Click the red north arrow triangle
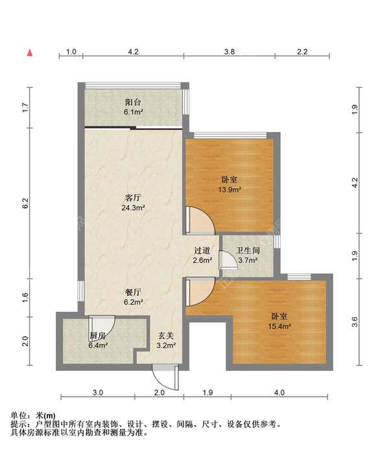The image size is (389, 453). point(30,53)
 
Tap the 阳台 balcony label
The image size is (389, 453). point(133,102)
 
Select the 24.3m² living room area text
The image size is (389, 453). point(133,208)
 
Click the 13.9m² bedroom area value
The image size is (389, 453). point(230,190)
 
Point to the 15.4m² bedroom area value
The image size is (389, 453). point(279,326)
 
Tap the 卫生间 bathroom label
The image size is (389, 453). point(248,250)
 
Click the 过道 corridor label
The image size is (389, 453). point(202,250)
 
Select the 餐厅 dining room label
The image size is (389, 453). point(133,293)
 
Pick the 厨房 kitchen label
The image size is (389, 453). point(97,336)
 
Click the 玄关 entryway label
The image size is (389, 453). point(166,336)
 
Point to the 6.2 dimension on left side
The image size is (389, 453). point(25,203)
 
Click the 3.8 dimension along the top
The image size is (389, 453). point(230,52)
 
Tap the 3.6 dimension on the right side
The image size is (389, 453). point(355,322)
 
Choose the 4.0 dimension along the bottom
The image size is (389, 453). point(279,392)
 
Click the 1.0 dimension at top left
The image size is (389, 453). point(71,52)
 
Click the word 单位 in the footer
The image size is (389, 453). point(19,415)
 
